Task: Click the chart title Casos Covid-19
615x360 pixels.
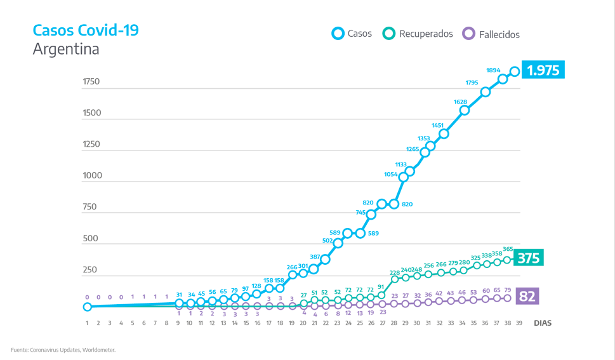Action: [x=85, y=30]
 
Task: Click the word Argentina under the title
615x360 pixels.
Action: [x=66, y=49]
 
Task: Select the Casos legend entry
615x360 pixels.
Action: [x=352, y=34]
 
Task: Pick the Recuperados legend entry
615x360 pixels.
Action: [x=418, y=34]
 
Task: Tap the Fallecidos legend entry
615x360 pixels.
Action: [x=491, y=34]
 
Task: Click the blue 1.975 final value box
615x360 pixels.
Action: [x=543, y=70]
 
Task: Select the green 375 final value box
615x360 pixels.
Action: [x=528, y=258]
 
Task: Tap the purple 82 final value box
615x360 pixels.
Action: [x=527, y=296]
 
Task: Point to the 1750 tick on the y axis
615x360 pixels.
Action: [x=91, y=82]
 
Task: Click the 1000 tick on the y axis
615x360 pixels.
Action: [x=91, y=176]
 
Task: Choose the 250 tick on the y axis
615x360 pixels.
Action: [x=89, y=270]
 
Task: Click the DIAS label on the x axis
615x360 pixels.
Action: [x=543, y=323]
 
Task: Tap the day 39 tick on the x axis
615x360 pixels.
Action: [x=520, y=323]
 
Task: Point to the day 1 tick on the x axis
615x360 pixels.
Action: [x=87, y=323]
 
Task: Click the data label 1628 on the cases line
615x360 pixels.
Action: [x=460, y=102]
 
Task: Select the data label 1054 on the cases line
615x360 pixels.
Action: [x=390, y=174]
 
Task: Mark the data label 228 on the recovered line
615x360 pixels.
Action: [x=395, y=273]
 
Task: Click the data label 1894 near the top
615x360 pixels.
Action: [x=493, y=70]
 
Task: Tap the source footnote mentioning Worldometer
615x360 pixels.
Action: [x=63, y=349]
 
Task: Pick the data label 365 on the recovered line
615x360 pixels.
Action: [x=508, y=250]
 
